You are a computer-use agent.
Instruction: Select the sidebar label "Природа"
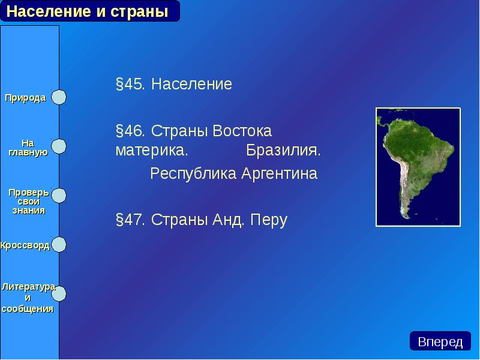pyautogui.click(x=26, y=98)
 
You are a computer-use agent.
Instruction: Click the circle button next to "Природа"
pyautogui.click(x=58, y=97)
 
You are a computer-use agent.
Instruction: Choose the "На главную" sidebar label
pyautogui.click(x=28, y=148)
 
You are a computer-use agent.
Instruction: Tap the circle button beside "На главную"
pyautogui.click(x=58, y=146)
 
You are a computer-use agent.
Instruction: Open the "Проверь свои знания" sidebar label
pyautogui.click(x=28, y=201)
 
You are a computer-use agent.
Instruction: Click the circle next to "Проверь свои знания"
pyautogui.click(x=58, y=196)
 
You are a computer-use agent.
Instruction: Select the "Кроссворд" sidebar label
pyautogui.click(x=25, y=245)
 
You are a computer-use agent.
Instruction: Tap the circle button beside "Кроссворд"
pyautogui.click(x=58, y=245)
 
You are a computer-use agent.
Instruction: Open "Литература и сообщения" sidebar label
pyautogui.click(x=28, y=298)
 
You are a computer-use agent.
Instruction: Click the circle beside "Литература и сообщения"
pyautogui.click(x=59, y=293)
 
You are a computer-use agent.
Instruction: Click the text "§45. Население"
pyautogui.click(x=173, y=85)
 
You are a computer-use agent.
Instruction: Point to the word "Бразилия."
pyautogui.click(x=283, y=150)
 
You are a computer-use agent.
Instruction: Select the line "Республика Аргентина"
pyautogui.click(x=233, y=174)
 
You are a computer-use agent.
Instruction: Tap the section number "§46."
pyautogui.click(x=131, y=131)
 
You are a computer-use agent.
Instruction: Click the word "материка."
pyautogui.click(x=152, y=150)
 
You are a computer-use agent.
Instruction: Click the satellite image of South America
pyautogui.click(x=418, y=167)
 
